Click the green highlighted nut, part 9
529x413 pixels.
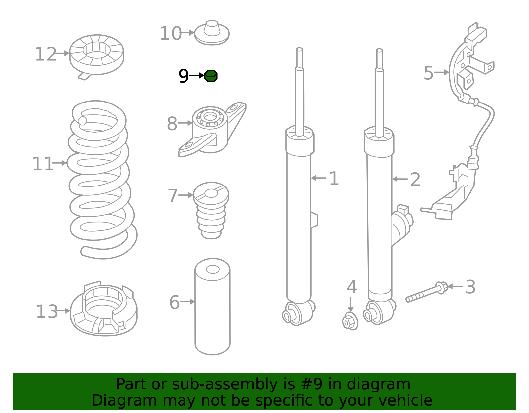click(x=211, y=76)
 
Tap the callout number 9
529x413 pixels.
click(x=183, y=76)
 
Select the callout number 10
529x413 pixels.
click(x=171, y=33)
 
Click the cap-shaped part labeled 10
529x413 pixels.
click(x=212, y=33)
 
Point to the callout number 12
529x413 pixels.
click(x=46, y=54)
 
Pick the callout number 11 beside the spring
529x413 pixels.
click(x=43, y=164)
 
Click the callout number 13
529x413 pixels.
click(x=47, y=311)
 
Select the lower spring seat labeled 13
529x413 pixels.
click(x=104, y=309)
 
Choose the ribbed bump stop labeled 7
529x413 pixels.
click(x=211, y=211)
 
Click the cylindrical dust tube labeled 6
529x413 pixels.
click(x=213, y=307)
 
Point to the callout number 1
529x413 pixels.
click(x=334, y=178)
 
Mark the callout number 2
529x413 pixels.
click(x=415, y=180)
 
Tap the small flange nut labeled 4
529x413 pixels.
click(x=350, y=321)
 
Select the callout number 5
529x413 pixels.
click(x=428, y=73)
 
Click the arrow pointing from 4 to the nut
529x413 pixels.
click(x=350, y=305)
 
